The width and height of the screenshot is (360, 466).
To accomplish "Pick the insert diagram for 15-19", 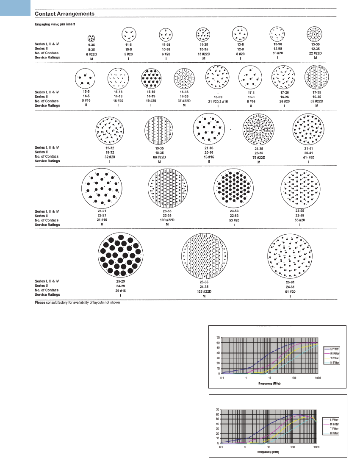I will (152, 78).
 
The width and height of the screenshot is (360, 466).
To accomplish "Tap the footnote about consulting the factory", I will (80, 302).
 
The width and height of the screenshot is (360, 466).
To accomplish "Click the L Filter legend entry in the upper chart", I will (334, 348).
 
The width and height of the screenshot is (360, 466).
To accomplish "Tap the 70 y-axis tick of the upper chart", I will (218, 338).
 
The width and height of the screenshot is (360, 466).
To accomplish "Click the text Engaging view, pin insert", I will (55, 24).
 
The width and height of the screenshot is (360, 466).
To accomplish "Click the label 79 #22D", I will (258, 158).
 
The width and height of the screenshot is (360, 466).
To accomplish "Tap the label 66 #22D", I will (159, 157).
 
